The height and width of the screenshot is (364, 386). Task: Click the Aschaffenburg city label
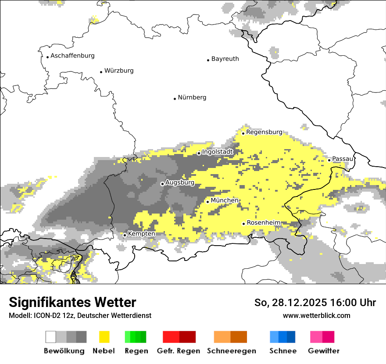tap(72, 56)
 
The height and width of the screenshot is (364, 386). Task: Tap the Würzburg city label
tap(119, 71)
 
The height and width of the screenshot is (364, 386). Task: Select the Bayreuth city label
tap(225, 59)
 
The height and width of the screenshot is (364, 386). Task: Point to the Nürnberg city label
tap(192, 97)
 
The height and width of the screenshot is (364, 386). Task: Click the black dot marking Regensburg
tap(243, 133)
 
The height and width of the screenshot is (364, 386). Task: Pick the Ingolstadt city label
tap(217, 152)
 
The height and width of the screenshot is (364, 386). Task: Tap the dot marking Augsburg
tap(162, 184)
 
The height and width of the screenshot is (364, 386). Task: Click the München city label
tap(225, 200)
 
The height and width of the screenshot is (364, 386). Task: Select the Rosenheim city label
tap(263, 223)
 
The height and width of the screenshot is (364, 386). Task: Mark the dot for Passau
tap(329, 160)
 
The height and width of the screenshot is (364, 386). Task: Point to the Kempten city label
tap(141, 234)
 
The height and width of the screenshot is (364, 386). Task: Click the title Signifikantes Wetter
tap(72, 303)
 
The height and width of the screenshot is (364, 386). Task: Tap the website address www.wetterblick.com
tap(316, 315)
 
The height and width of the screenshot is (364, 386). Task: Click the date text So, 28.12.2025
tap(289, 303)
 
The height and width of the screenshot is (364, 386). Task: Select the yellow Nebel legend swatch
tap(104, 337)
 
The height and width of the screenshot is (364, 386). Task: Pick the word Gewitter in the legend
tap(324, 351)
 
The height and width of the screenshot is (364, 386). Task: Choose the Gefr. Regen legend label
tap(179, 351)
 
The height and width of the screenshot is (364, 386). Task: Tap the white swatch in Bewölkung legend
tap(51, 337)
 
